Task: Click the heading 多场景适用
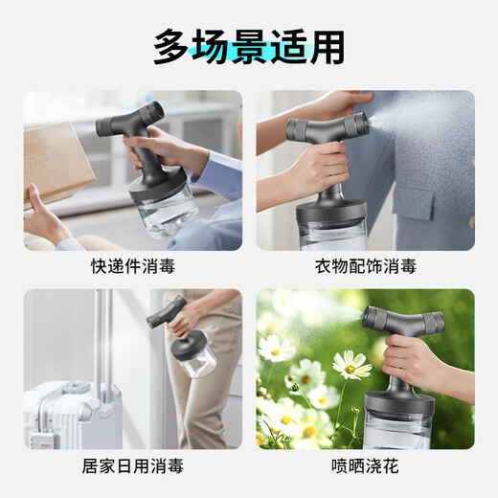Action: pos(249,45)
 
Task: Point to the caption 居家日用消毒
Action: pos(133,466)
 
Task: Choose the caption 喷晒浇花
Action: pos(365,466)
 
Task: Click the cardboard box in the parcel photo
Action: pos(57,158)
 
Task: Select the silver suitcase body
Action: pos(62,412)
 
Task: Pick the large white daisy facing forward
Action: pos(350,364)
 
